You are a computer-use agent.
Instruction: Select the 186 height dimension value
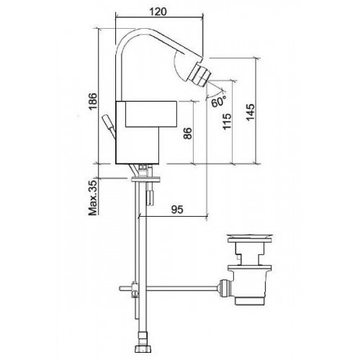tap(93, 101)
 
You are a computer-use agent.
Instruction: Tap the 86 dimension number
tap(188, 133)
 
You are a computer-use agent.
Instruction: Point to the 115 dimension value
tap(227, 121)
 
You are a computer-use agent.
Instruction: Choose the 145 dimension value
tap(251, 112)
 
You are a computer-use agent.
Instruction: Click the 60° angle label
tap(219, 102)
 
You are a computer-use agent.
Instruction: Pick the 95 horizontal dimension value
tap(177, 210)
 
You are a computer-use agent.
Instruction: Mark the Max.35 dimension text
tap(93, 197)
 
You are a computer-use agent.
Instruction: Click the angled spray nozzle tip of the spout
tap(199, 73)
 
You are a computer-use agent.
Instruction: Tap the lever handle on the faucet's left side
tap(109, 127)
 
